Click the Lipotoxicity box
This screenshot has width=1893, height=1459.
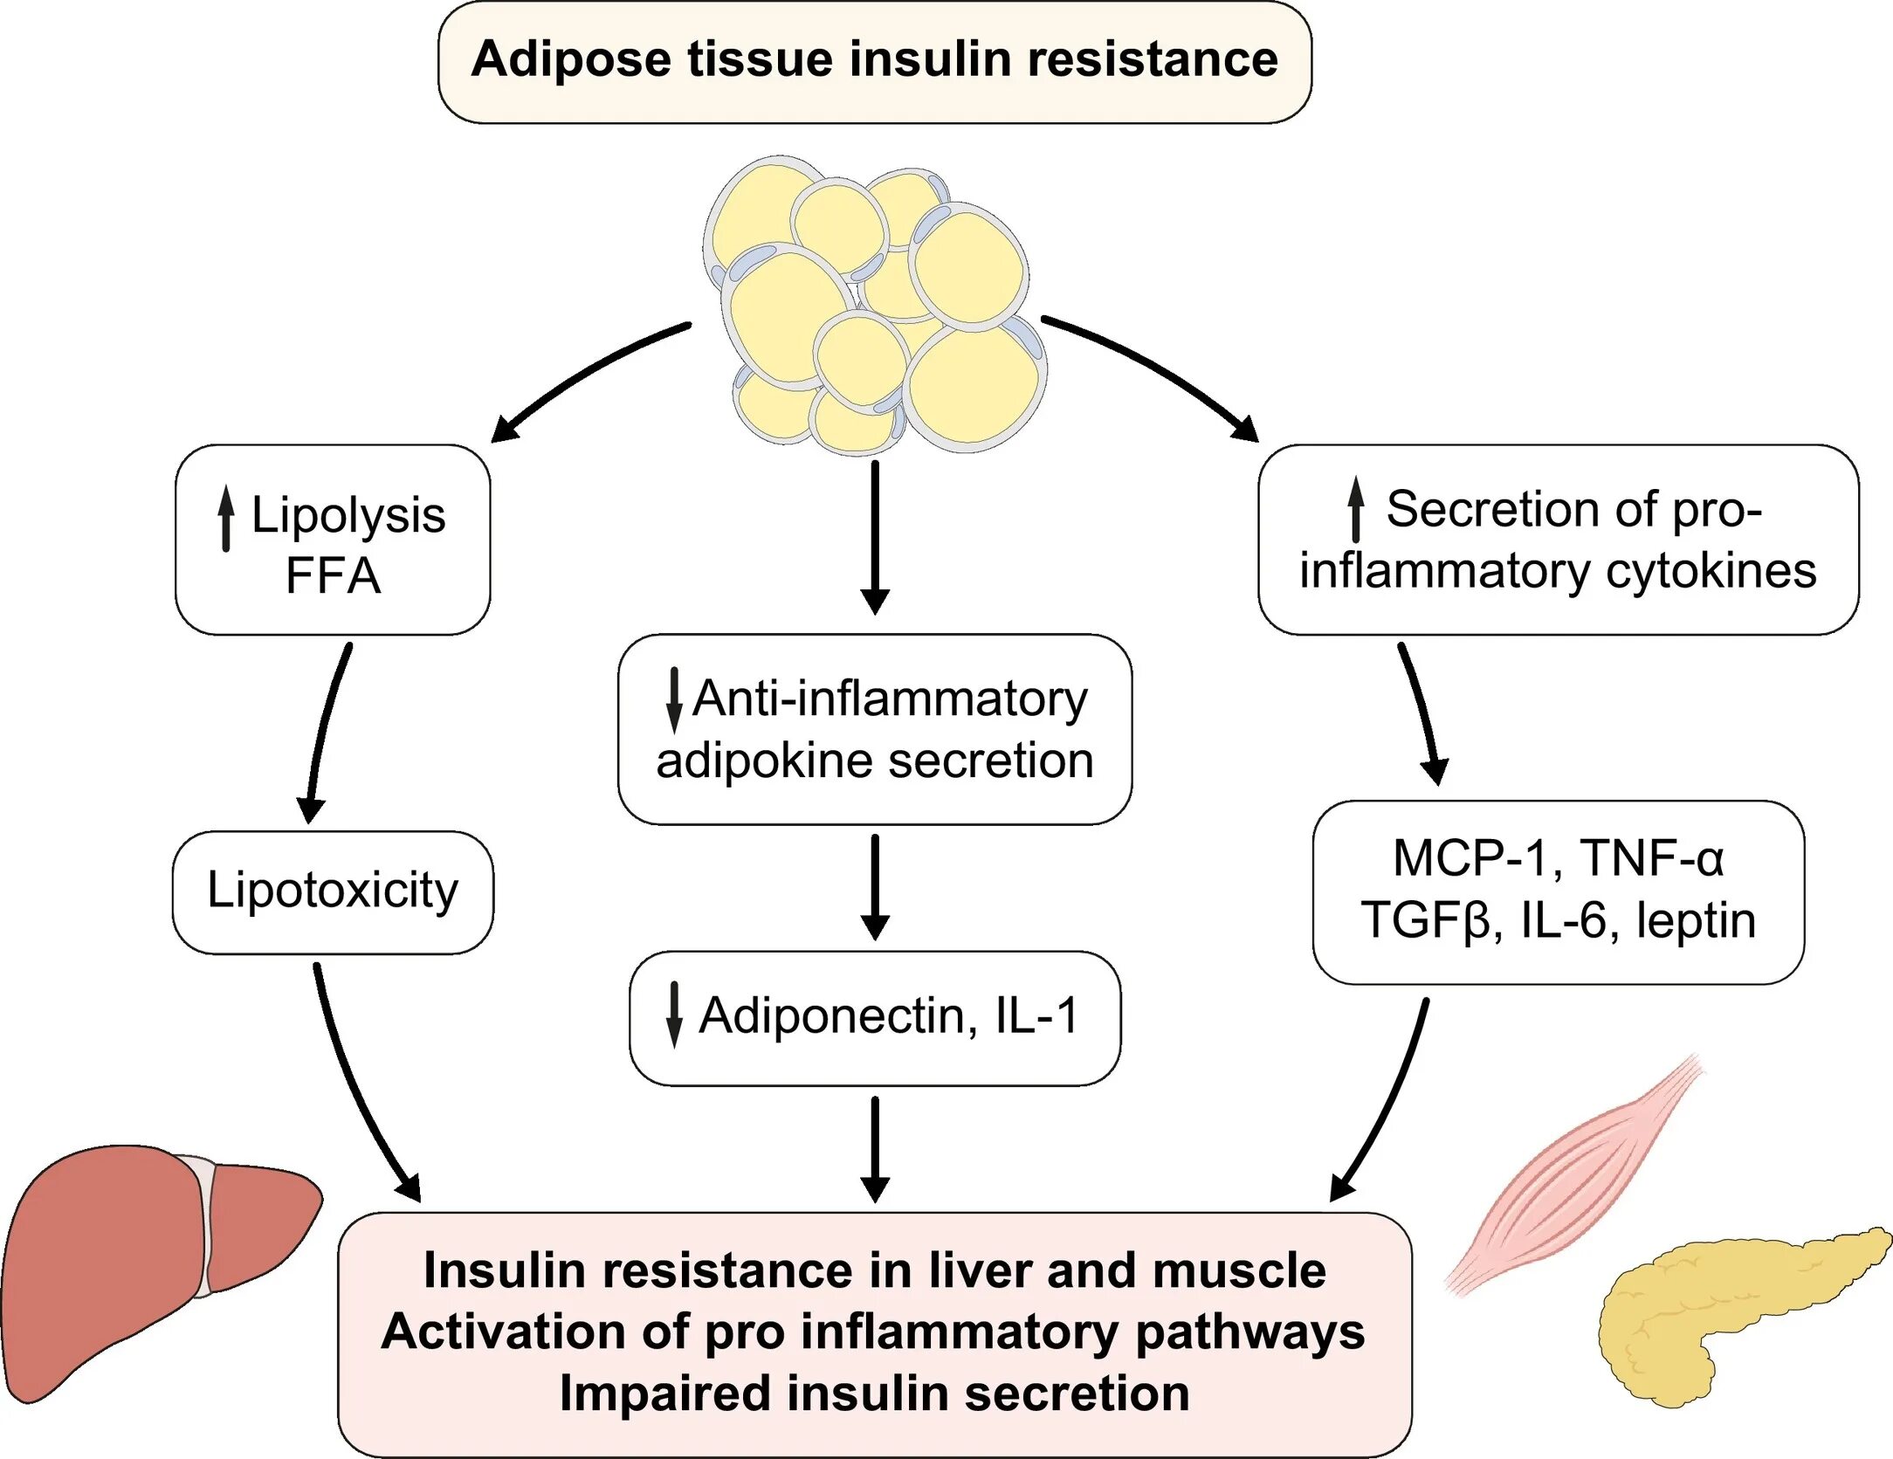coord(333,891)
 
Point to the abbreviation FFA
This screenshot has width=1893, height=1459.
coord(333,576)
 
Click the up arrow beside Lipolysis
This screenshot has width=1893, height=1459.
coord(226,518)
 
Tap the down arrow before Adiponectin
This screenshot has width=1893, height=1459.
coord(674,1015)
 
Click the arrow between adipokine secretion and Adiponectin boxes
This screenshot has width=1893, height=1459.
coord(875,885)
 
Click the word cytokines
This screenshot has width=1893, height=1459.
coord(1711,572)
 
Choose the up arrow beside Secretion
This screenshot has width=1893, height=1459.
coord(1355,508)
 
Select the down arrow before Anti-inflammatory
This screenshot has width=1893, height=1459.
coord(674,699)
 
